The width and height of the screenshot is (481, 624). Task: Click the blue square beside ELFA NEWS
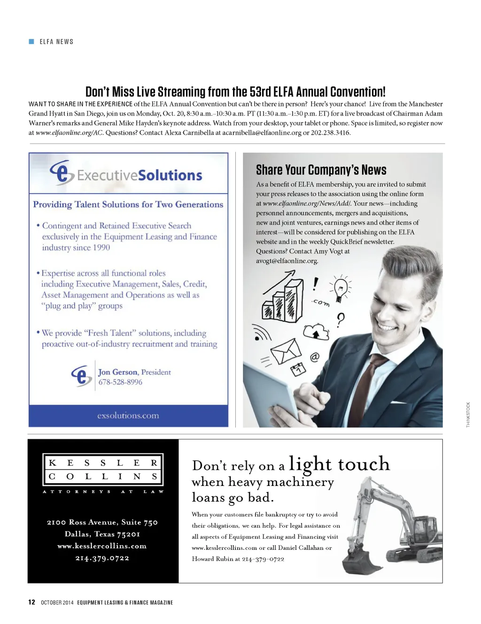click(x=31, y=42)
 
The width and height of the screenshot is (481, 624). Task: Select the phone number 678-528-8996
click(x=120, y=382)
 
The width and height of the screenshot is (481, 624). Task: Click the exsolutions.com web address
click(x=128, y=416)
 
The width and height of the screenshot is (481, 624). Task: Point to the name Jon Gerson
click(x=118, y=372)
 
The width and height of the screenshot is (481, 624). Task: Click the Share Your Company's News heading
click(x=321, y=170)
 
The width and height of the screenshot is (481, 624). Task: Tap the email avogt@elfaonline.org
click(x=287, y=261)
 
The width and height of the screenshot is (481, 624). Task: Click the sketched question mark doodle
click(x=341, y=320)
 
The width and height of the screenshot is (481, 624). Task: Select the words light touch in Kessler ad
click(x=339, y=464)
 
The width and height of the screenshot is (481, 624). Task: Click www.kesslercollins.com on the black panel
click(x=102, y=546)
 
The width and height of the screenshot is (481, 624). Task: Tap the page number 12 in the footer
click(x=31, y=602)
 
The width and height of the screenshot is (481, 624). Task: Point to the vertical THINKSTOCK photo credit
click(x=468, y=414)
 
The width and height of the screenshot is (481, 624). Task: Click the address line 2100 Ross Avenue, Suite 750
click(x=102, y=522)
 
